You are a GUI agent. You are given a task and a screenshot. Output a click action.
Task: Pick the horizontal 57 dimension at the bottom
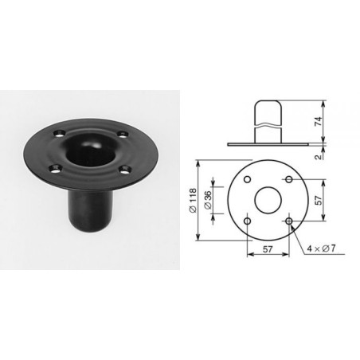(268, 248)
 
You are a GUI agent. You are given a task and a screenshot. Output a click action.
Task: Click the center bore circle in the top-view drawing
(268, 199)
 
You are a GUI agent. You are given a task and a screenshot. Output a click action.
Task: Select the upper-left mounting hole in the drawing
(248, 178)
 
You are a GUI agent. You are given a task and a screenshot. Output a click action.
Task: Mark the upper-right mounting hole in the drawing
(289, 178)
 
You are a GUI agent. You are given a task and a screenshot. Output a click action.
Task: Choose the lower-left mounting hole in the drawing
(248, 220)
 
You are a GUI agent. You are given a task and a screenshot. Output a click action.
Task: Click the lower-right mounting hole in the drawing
(289, 220)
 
